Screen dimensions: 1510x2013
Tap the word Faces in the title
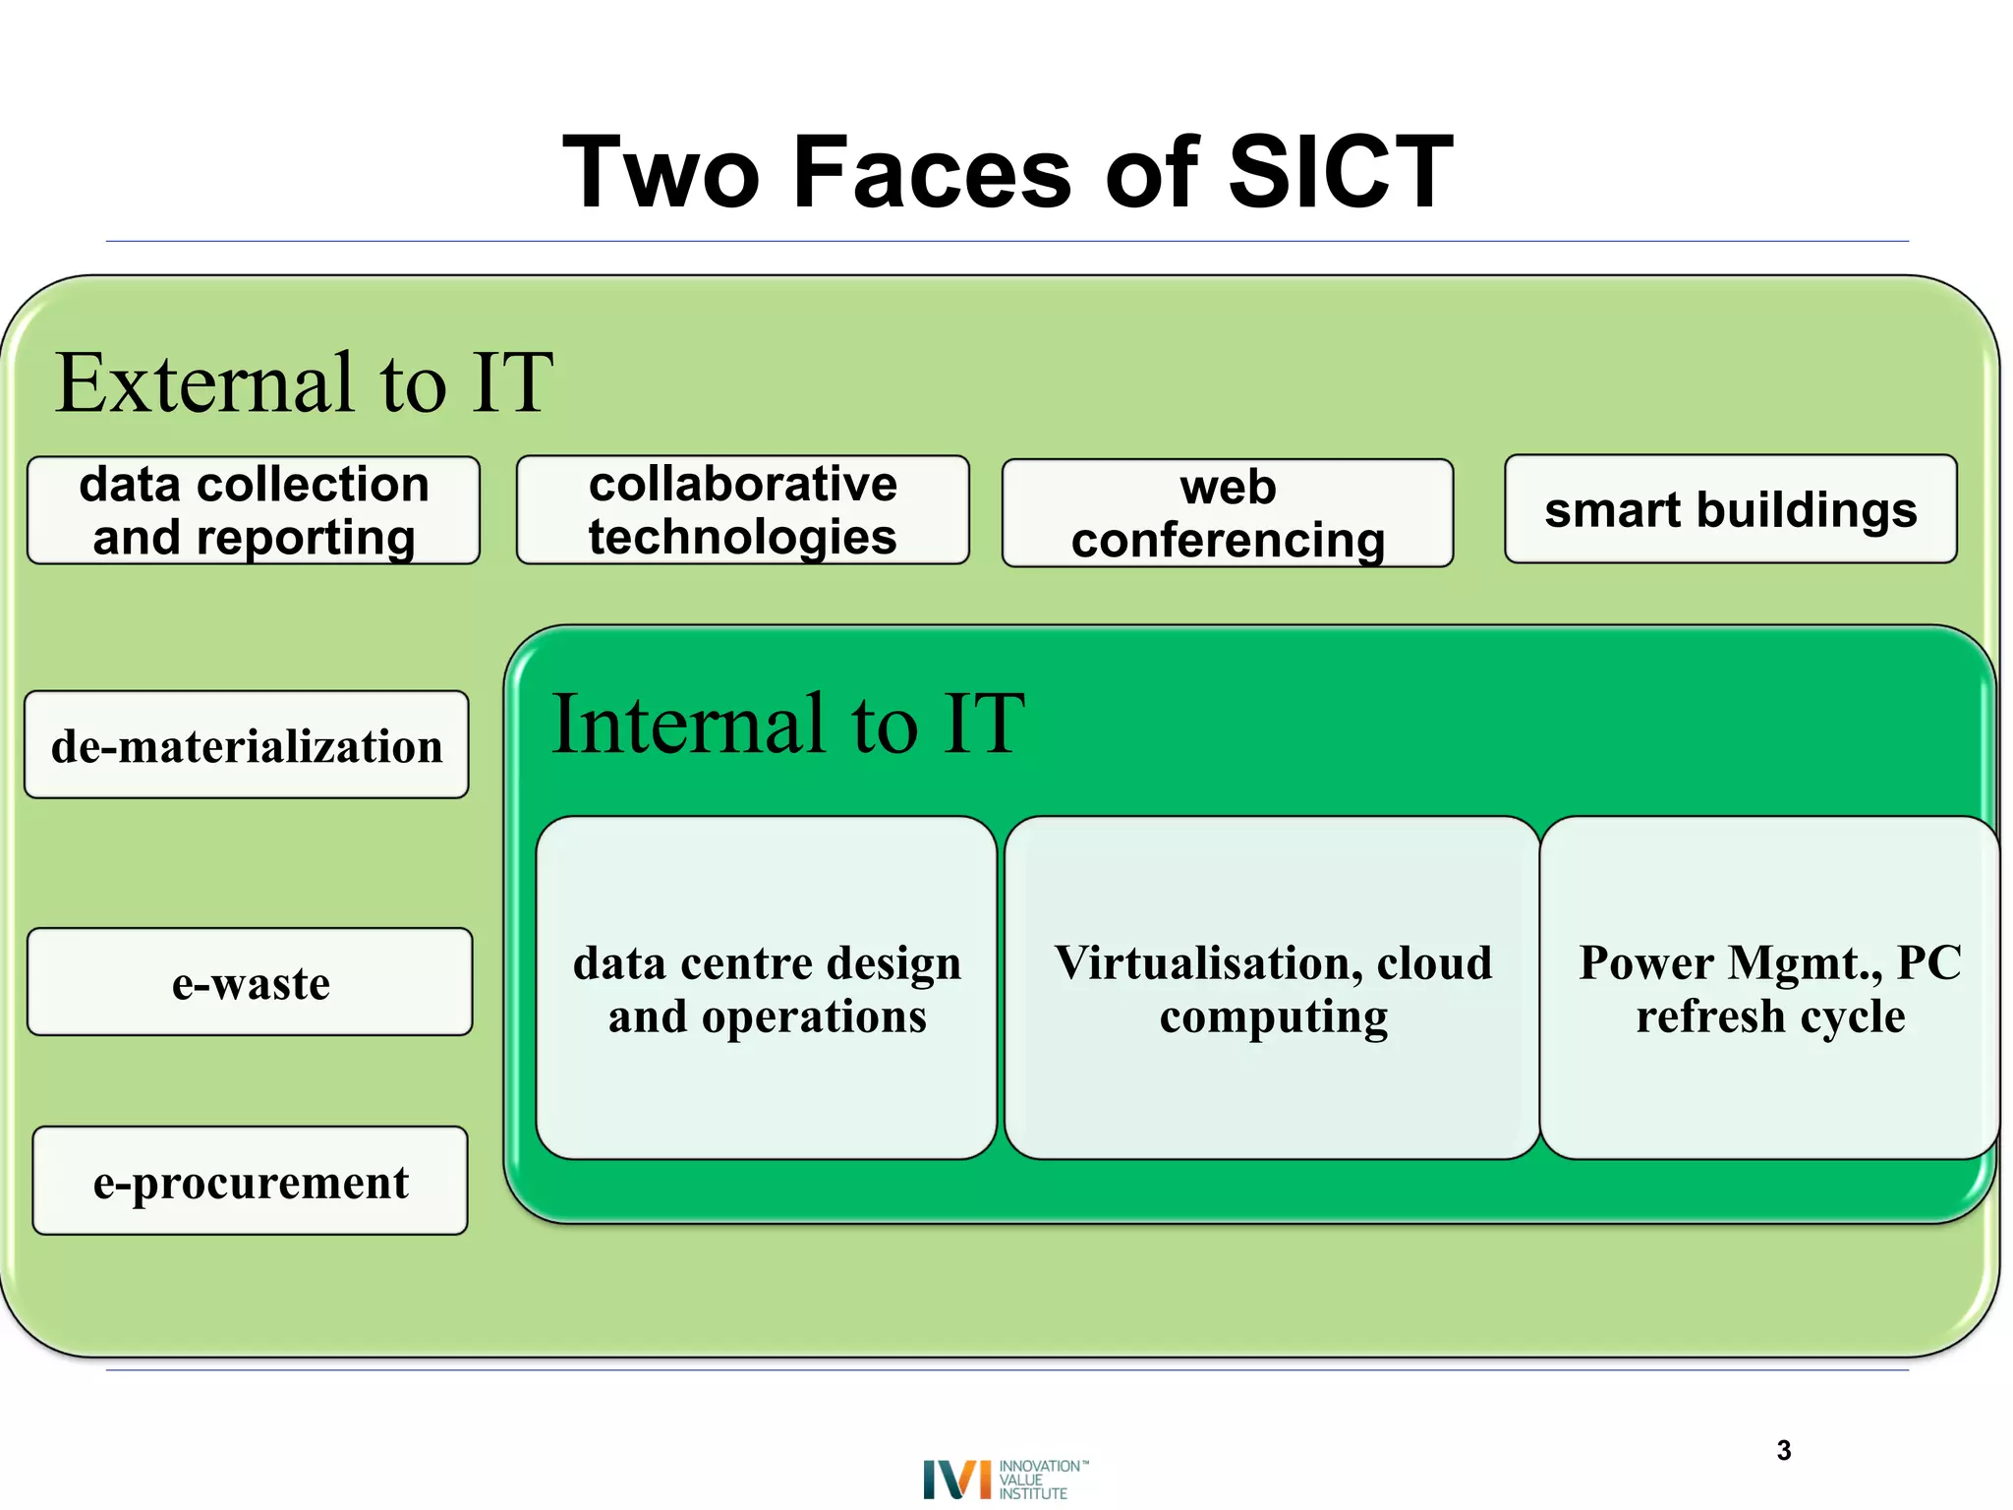[x=931, y=173]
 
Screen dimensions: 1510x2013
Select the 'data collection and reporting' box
[x=254, y=510]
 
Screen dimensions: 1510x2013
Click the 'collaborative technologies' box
[x=742, y=510]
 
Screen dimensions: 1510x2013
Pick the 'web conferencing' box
[x=1228, y=513]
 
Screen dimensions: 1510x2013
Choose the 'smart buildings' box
[x=1730, y=509]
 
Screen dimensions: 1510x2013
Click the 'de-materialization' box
[x=247, y=745]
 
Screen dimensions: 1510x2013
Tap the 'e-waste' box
[x=250, y=982]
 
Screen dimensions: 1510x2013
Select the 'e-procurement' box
[x=250, y=1181]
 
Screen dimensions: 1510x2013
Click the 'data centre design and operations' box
[x=767, y=988]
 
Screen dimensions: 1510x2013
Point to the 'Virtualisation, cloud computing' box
[x=1272, y=988]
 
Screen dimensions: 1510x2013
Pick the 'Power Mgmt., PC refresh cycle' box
[x=1769, y=988]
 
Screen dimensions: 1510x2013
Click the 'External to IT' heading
[x=304, y=383]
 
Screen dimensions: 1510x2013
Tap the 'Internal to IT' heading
[x=787, y=725]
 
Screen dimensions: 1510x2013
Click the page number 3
[x=1784, y=1450]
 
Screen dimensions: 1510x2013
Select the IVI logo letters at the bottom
[x=956, y=1479]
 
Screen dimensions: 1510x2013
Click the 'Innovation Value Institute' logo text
[x=1040, y=1479]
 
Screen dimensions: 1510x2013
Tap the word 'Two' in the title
[x=661, y=173]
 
